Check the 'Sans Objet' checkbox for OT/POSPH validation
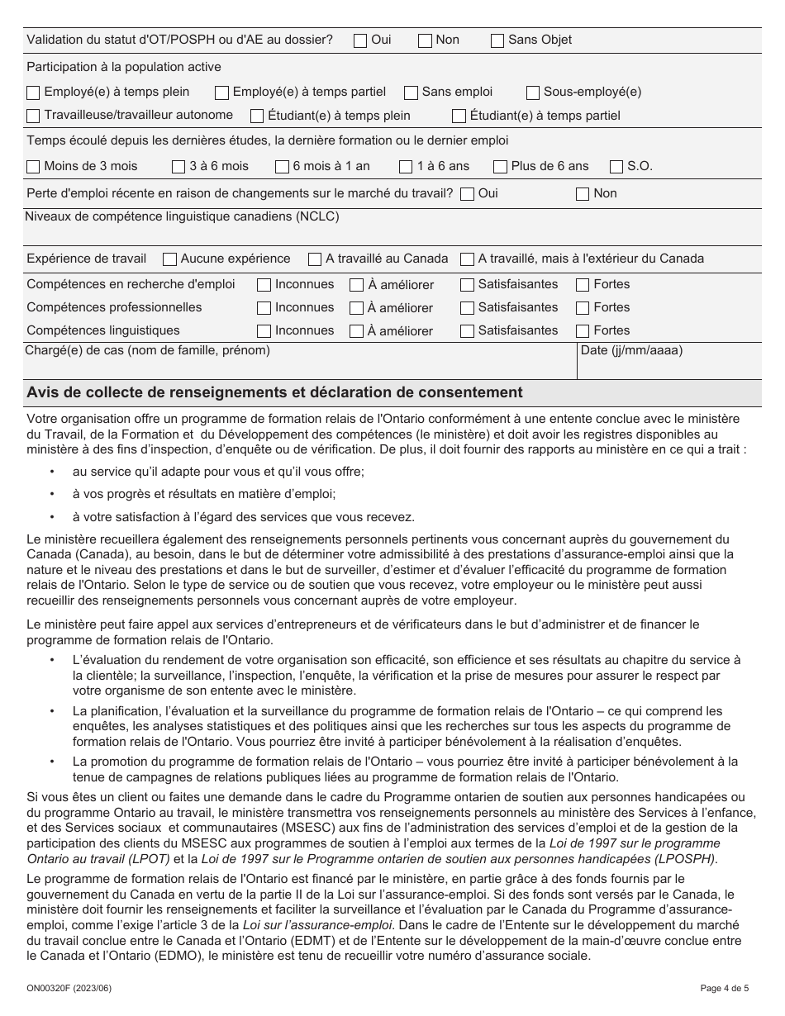[497, 40]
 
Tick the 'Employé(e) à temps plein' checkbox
[33, 93]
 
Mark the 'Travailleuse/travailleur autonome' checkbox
[33, 116]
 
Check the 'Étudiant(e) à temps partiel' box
[459, 116]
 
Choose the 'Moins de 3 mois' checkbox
[33, 167]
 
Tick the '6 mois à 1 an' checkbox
[282, 167]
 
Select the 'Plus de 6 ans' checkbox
[500, 167]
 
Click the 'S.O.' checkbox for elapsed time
[616, 167]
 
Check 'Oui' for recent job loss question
[467, 194]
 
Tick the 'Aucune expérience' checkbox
[169, 259]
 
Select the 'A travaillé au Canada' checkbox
[314, 259]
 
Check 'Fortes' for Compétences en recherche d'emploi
[582, 285]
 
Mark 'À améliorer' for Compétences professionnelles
[356, 308]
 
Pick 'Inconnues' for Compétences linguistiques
[264, 331]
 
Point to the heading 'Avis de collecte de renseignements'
[274, 392]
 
